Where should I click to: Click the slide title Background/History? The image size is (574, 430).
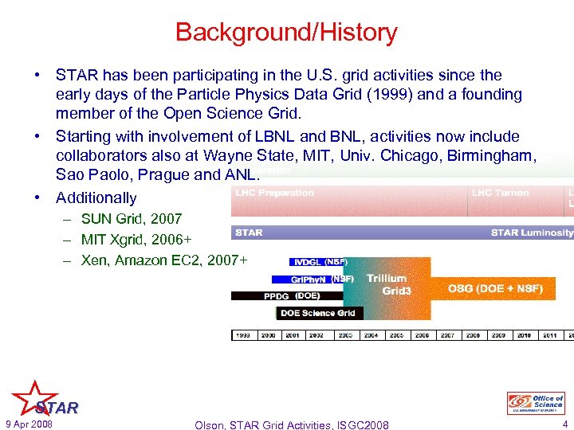click(286, 33)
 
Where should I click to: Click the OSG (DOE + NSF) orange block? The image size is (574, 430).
click(494, 288)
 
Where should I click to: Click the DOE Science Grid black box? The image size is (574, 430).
click(318, 313)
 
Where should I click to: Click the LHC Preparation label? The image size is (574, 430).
click(274, 193)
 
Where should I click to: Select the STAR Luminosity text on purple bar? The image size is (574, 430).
click(531, 233)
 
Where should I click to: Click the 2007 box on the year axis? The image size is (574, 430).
click(447, 335)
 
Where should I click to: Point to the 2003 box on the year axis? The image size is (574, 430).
click(345, 335)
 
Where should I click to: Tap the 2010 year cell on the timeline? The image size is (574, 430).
click(524, 335)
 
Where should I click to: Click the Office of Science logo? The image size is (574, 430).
click(536, 403)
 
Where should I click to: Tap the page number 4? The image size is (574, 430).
click(564, 424)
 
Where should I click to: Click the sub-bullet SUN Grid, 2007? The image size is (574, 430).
click(131, 218)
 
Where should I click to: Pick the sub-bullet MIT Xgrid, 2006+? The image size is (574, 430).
click(136, 239)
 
